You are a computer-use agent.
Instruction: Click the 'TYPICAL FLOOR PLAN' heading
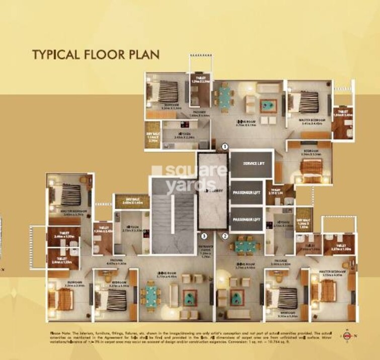[x=96, y=54]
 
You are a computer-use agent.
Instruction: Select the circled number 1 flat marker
[x=225, y=147]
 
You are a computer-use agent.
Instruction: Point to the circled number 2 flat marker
[x=225, y=235]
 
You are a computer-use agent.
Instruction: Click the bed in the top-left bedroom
[x=165, y=92]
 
